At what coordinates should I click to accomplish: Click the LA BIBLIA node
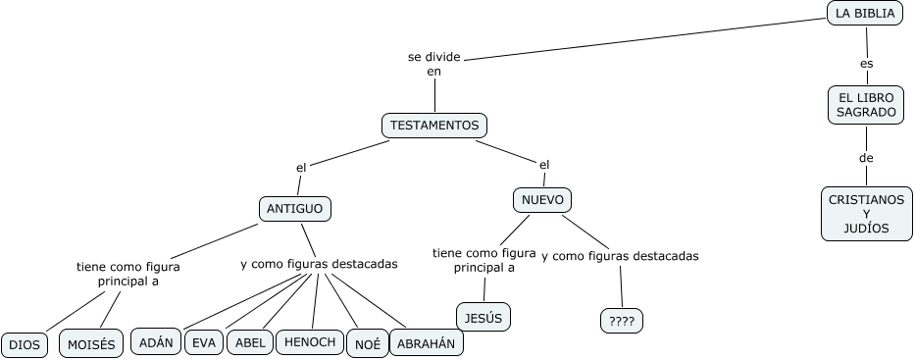click(864, 13)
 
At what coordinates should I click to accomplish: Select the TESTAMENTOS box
click(434, 126)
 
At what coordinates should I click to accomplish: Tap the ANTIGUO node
click(294, 209)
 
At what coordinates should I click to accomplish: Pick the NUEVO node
click(542, 200)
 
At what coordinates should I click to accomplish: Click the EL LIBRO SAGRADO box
click(866, 105)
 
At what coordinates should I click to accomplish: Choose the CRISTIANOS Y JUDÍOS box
click(866, 214)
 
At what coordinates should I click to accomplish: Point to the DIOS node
click(24, 344)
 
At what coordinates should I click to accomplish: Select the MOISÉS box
click(91, 343)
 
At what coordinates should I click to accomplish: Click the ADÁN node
click(156, 341)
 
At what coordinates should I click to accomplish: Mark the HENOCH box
click(310, 341)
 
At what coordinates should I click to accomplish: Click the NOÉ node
click(367, 344)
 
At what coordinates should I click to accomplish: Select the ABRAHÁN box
click(427, 343)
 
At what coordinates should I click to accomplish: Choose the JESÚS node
click(483, 317)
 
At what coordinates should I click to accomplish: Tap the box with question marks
click(622, 321)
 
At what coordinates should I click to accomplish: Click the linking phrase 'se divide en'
click(434, 64)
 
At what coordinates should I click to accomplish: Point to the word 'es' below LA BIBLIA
click(866, 63)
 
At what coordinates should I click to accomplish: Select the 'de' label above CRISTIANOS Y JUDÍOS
click(866, 157)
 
